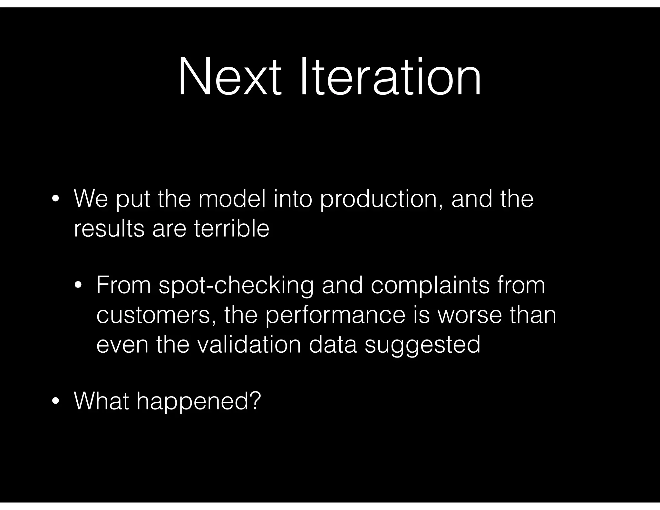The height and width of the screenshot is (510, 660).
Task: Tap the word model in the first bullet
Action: pyautogui.click(x=232, y=199)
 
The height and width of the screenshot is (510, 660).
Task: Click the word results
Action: pyautogui.click(x=109, y=229)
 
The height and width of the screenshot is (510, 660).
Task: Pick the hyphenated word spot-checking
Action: pyautogui.click(x=236, y=286)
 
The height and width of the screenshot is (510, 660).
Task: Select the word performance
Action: pyautogui.click(x=335, y=315)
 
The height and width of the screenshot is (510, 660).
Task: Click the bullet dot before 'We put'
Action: pyautogui.click(x=55, y=200)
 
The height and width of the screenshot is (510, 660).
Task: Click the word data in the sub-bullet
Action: pyautogui.click(x=333, y=344)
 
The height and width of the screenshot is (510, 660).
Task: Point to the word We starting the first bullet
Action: pyautogui.click(x=91, y=199)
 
